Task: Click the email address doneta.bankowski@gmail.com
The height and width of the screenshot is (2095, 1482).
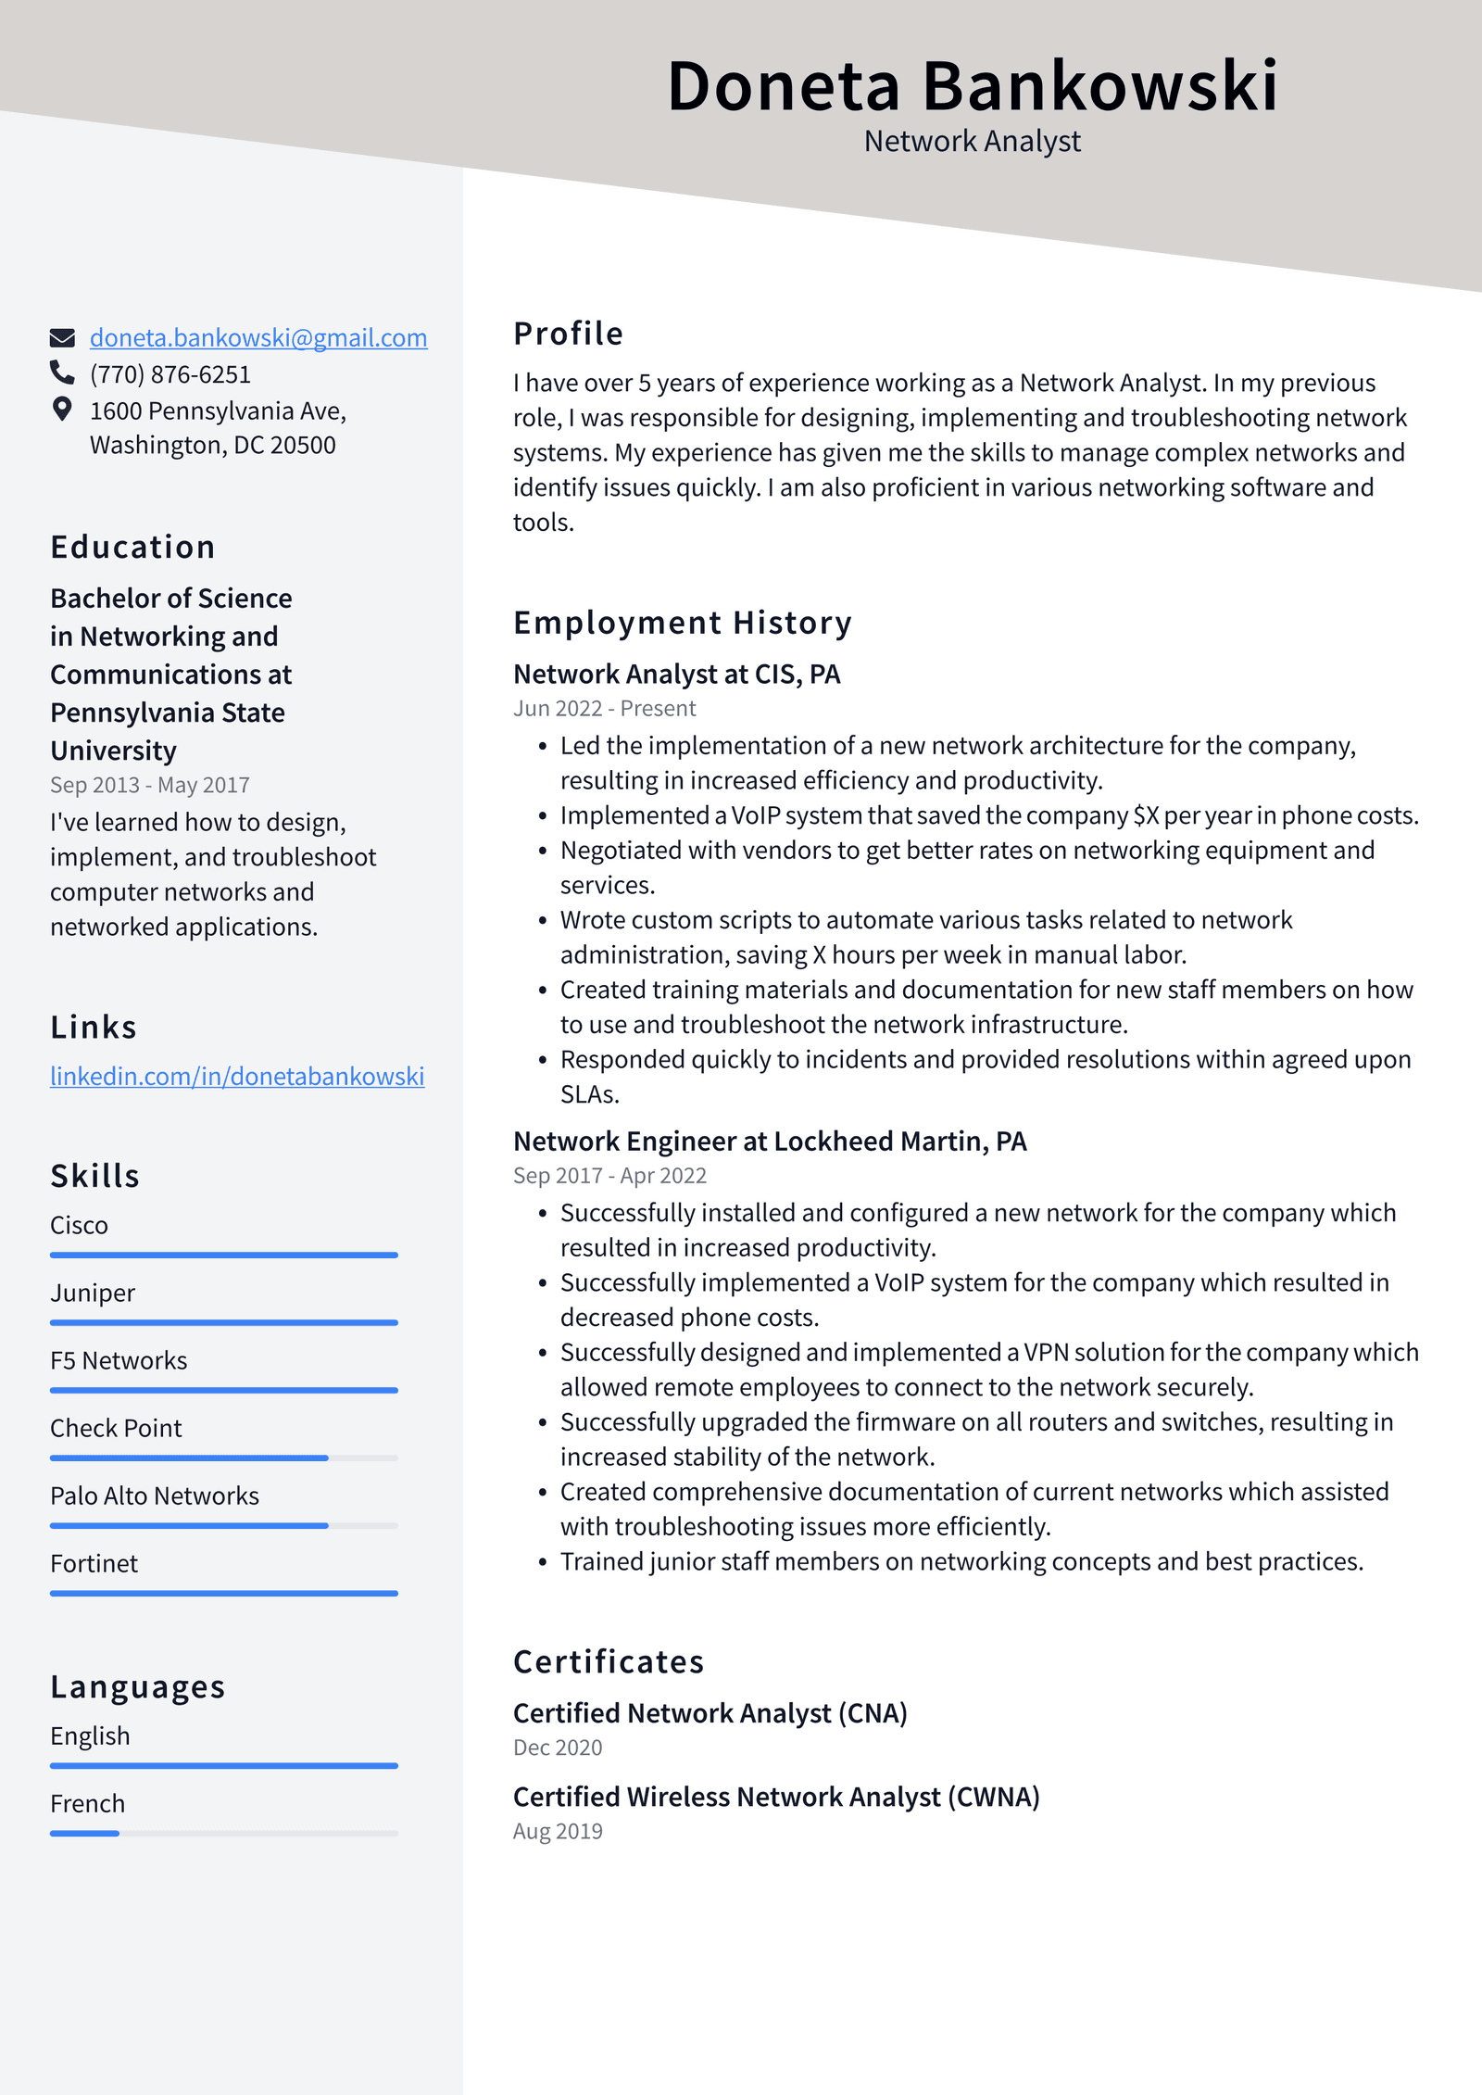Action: [257, 337]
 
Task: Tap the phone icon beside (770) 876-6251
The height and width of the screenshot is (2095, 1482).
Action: [62, 372]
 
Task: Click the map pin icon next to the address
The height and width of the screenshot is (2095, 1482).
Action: [62, 410]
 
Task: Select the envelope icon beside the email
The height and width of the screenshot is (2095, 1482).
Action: [62, 337]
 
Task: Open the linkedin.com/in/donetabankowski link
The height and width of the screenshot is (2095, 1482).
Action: [237, 1076]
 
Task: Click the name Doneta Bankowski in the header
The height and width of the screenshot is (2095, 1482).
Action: [972, 86]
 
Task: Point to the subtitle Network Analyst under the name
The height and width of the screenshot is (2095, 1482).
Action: [972, 141]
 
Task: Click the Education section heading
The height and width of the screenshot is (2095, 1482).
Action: [132, 547]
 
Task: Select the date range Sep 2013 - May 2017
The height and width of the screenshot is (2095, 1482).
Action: [150, 785]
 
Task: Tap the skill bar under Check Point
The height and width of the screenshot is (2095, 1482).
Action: [223, 1458]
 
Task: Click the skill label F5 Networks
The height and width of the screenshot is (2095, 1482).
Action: [119, 1360]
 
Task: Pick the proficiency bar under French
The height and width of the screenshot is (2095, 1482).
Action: [223, 1833]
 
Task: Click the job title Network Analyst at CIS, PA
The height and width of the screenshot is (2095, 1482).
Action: [676, 674]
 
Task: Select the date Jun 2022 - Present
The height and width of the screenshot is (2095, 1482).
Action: [604, 708]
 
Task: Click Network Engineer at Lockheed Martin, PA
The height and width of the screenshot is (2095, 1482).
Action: [770, 1141]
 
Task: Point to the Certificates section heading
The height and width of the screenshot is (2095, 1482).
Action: [609, 1661]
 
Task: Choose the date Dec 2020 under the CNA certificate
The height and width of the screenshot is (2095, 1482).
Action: [558, 1747]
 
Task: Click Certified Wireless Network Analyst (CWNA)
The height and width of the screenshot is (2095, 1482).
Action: [776, 1797]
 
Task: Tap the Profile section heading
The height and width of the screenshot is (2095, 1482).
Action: [568, 334]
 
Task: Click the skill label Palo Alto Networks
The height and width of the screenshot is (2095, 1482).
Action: [155, 1496]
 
